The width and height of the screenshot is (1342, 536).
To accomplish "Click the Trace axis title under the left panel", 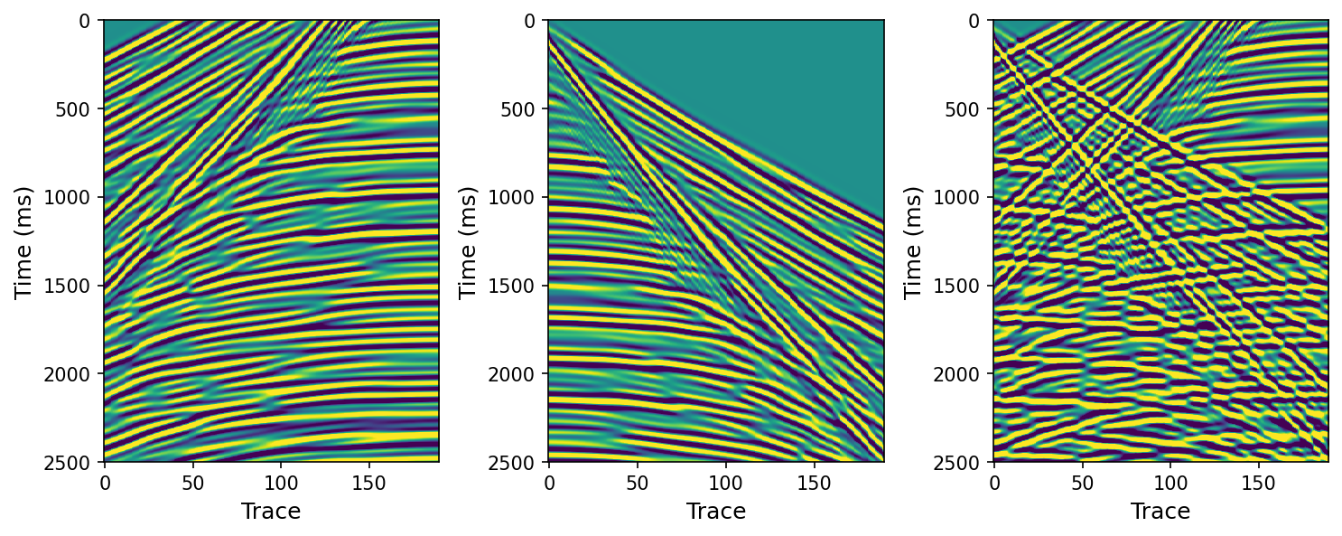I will [271, 512].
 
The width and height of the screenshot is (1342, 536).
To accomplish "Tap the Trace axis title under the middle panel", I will [716, 512].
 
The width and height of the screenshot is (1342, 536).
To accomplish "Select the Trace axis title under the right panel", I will [1160, 512].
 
